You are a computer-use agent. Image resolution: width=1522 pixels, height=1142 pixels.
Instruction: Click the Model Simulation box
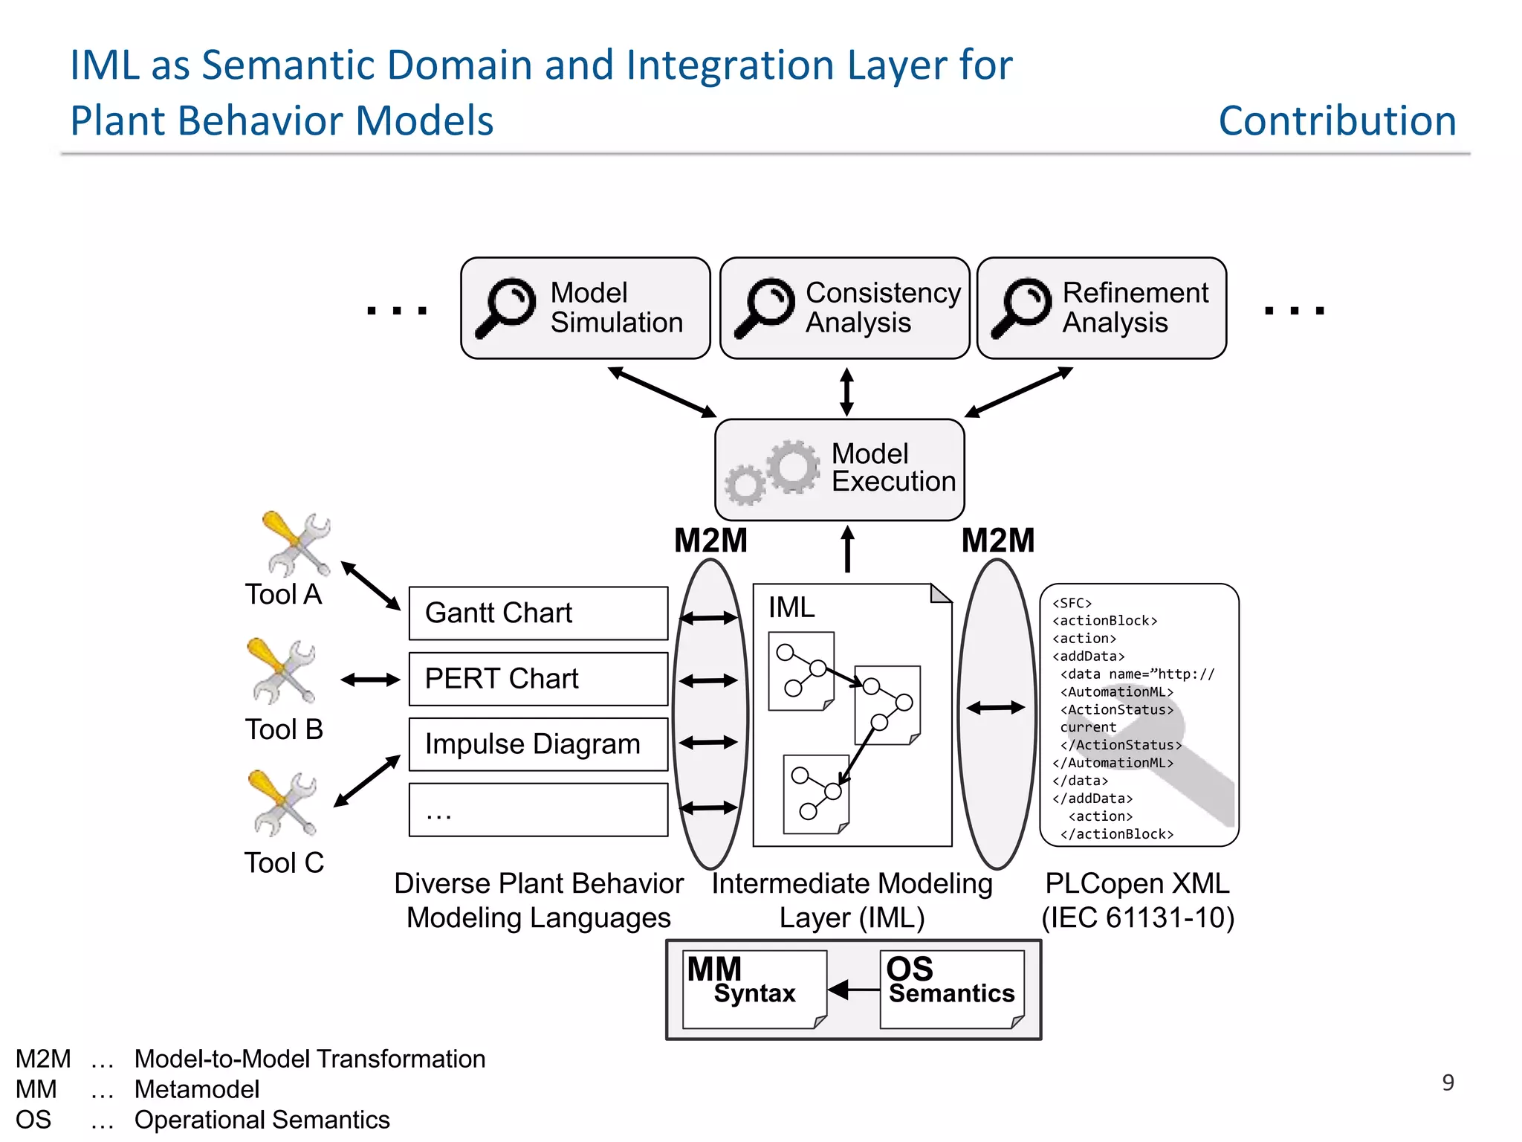585,308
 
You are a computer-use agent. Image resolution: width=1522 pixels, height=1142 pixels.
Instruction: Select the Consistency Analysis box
844,308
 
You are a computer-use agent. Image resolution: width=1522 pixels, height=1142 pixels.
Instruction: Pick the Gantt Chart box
538,613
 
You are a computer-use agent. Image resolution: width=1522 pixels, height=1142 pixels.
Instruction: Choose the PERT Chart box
538,679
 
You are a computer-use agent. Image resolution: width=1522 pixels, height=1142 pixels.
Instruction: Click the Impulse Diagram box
538,744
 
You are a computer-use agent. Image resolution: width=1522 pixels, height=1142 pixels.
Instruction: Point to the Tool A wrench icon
297,544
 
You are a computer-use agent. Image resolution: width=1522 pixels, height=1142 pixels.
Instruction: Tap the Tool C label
284,863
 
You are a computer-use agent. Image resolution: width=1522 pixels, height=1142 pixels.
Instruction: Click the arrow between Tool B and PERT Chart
370,680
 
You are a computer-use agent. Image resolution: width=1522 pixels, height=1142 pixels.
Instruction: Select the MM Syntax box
754,989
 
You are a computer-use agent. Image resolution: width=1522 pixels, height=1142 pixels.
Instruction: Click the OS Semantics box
951,989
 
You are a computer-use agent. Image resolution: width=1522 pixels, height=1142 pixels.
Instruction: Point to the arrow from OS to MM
854,990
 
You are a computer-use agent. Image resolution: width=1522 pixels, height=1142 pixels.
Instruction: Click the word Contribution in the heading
1337,120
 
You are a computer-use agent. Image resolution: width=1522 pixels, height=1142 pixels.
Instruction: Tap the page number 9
1448,1083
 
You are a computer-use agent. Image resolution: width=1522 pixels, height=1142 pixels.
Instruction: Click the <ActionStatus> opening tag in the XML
1116,710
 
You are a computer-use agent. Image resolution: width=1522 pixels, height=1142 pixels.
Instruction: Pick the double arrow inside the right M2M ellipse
996,709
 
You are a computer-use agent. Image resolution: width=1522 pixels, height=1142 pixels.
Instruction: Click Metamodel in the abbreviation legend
197,1089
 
